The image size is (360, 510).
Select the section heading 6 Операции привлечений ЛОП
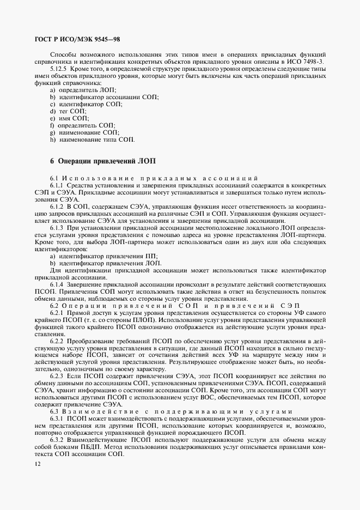coord(103,161)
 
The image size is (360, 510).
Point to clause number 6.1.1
coord(57,186)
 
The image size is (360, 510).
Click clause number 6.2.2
coord(57,341)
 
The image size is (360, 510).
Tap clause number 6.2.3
coord(57,376)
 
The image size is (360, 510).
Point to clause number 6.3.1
coord(57,418)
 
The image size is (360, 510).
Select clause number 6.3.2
coord(57,440)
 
